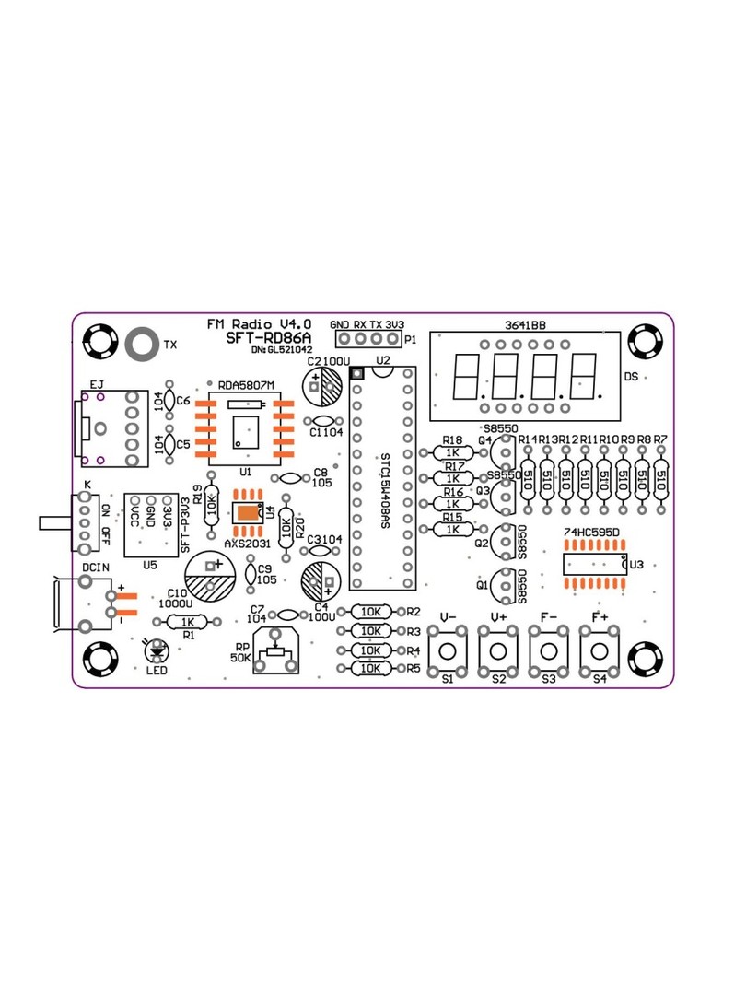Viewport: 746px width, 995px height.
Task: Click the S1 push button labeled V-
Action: [449, 650]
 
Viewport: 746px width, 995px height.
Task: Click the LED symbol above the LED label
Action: [156, 649]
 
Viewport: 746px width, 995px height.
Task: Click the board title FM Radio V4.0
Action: [259, 324]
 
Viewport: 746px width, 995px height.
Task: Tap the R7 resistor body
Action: [661, 480]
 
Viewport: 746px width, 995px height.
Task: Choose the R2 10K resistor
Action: [372, 612]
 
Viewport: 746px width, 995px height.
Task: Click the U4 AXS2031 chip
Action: [248, 514]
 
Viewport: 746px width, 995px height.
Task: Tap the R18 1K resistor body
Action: [452, 453]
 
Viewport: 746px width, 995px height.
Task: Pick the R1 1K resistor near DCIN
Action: [188, 623]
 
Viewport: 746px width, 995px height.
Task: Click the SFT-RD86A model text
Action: [269, 338]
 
